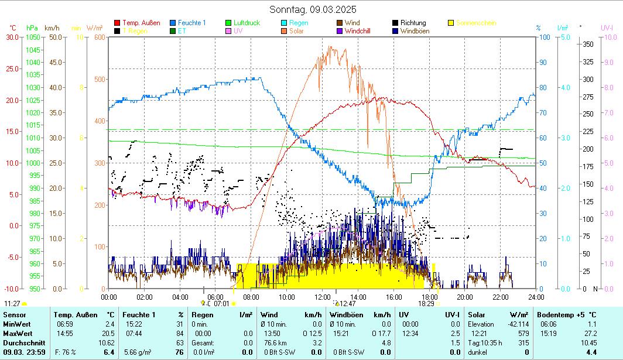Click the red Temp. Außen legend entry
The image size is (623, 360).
[x=141, y=23]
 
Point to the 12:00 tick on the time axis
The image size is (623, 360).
[x=322, y=297]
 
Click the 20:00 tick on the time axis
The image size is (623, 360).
[x=464, y=297]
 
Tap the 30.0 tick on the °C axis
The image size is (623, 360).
[x=12, y=37]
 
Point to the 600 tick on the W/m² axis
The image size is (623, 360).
[x=98, y=37]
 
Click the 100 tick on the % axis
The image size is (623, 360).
[x=544, y=37]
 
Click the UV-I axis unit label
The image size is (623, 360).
[x=607, y=28]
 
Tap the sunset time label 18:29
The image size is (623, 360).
[x=426, y=304]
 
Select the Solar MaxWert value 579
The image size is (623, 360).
[x=523, y=334]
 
